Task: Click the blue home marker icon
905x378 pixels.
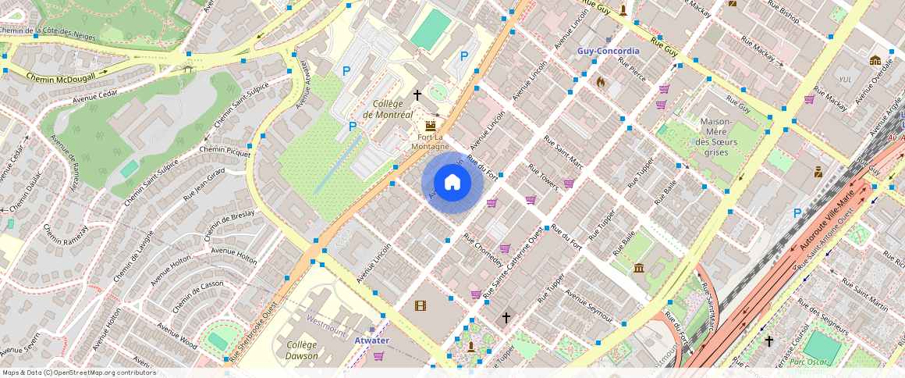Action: pyautogui.click(x=452, y=183)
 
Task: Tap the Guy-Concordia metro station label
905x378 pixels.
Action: pyautogui.click(x=608, y=51)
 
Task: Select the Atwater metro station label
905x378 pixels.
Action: pyautogui.click(x=371, y=341)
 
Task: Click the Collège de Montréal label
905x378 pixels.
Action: pyautogui.click(x=387, y=109)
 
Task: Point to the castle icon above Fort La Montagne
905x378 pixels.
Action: pyautogui.click(x=430, y=126)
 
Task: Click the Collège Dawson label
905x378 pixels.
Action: pyautogui.click(x=301, y=350)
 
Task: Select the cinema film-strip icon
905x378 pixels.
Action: pyautogui.click(x=421, y=305)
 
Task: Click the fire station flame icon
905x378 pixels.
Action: pyautogui.click(x=600, y=81)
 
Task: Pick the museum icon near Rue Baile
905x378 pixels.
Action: pyautogui.click(x=639, y=269)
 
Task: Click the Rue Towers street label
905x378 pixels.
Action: pyautogui.click(x=543, y=177)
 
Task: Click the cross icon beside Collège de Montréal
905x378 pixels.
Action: pyautogui.click(x=417, y=95)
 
